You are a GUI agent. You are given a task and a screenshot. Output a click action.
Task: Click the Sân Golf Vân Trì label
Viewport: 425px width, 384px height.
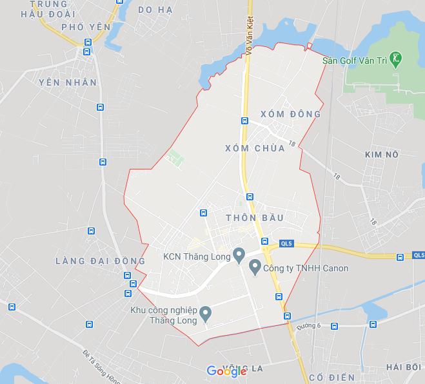pyautogui.click(x=356, y=61)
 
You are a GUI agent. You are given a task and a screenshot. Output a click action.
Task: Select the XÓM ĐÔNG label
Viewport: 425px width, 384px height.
pyautogui.click(x=290, y=114)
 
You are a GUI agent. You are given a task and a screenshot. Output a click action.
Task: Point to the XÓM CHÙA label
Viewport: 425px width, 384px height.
pyautogui.click(x=255, y=148)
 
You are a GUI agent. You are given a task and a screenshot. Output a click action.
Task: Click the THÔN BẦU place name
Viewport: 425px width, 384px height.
pyautogui.click(x=255, y=218)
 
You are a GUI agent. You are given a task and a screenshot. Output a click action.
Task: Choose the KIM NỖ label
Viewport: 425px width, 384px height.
pyautogui.click(x=382, y=155)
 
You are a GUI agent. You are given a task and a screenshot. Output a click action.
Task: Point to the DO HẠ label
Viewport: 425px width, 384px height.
pyautogui.click(x=156, y=9)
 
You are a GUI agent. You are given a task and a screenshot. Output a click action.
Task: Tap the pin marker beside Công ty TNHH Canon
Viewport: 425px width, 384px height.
pyautogui.click(x=254, y=266)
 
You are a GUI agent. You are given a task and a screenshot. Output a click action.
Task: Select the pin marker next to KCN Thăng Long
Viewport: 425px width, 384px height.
pyautogui.click(x=238, y=256)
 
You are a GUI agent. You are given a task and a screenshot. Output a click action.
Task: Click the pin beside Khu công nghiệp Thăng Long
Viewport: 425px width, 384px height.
pyautogui.click(x=206, y=314)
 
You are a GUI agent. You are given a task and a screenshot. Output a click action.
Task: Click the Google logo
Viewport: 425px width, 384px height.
pyautogui.click(x=226, y=370)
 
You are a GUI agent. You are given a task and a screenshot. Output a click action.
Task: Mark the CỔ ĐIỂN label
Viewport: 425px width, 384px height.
pyautogui.click(x=331, y=376)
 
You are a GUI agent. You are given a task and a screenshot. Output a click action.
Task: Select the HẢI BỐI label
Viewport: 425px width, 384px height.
pyautogui.click(x=403, y=367)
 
